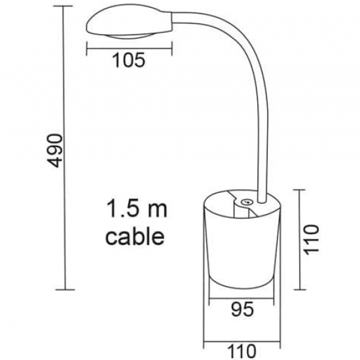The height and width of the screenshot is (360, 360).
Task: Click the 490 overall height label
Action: (x=58, y=150)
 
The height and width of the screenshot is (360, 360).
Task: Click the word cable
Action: (x=135, y=236)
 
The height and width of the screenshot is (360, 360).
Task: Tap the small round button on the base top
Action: (x=247, y=204)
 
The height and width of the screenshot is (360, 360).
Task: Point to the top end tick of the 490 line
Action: (x=66, y=7)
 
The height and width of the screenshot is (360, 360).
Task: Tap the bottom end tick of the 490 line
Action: (x=66, y=289)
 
